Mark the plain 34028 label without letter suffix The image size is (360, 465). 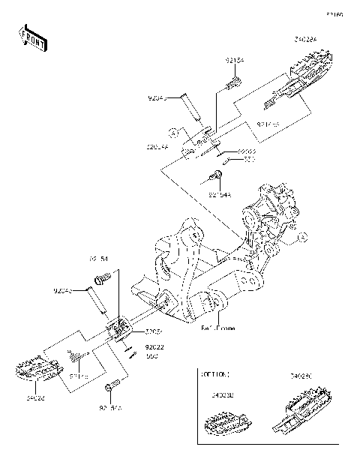pos(37,400)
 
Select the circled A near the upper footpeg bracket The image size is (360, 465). pos(172,132)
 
